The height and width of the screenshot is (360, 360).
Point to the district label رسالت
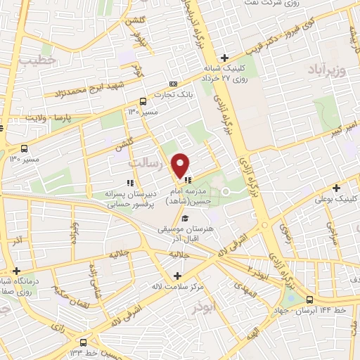coord(147,162)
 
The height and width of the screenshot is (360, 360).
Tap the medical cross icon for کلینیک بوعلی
coord(337,188)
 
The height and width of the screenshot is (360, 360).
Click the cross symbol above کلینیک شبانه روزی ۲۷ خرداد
coord(224,58)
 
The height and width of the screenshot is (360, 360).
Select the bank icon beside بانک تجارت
coord(173,84)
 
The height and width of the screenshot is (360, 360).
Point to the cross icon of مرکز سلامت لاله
coord(177,276)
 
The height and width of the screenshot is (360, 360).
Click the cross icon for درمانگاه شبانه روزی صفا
coord(16,271)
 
